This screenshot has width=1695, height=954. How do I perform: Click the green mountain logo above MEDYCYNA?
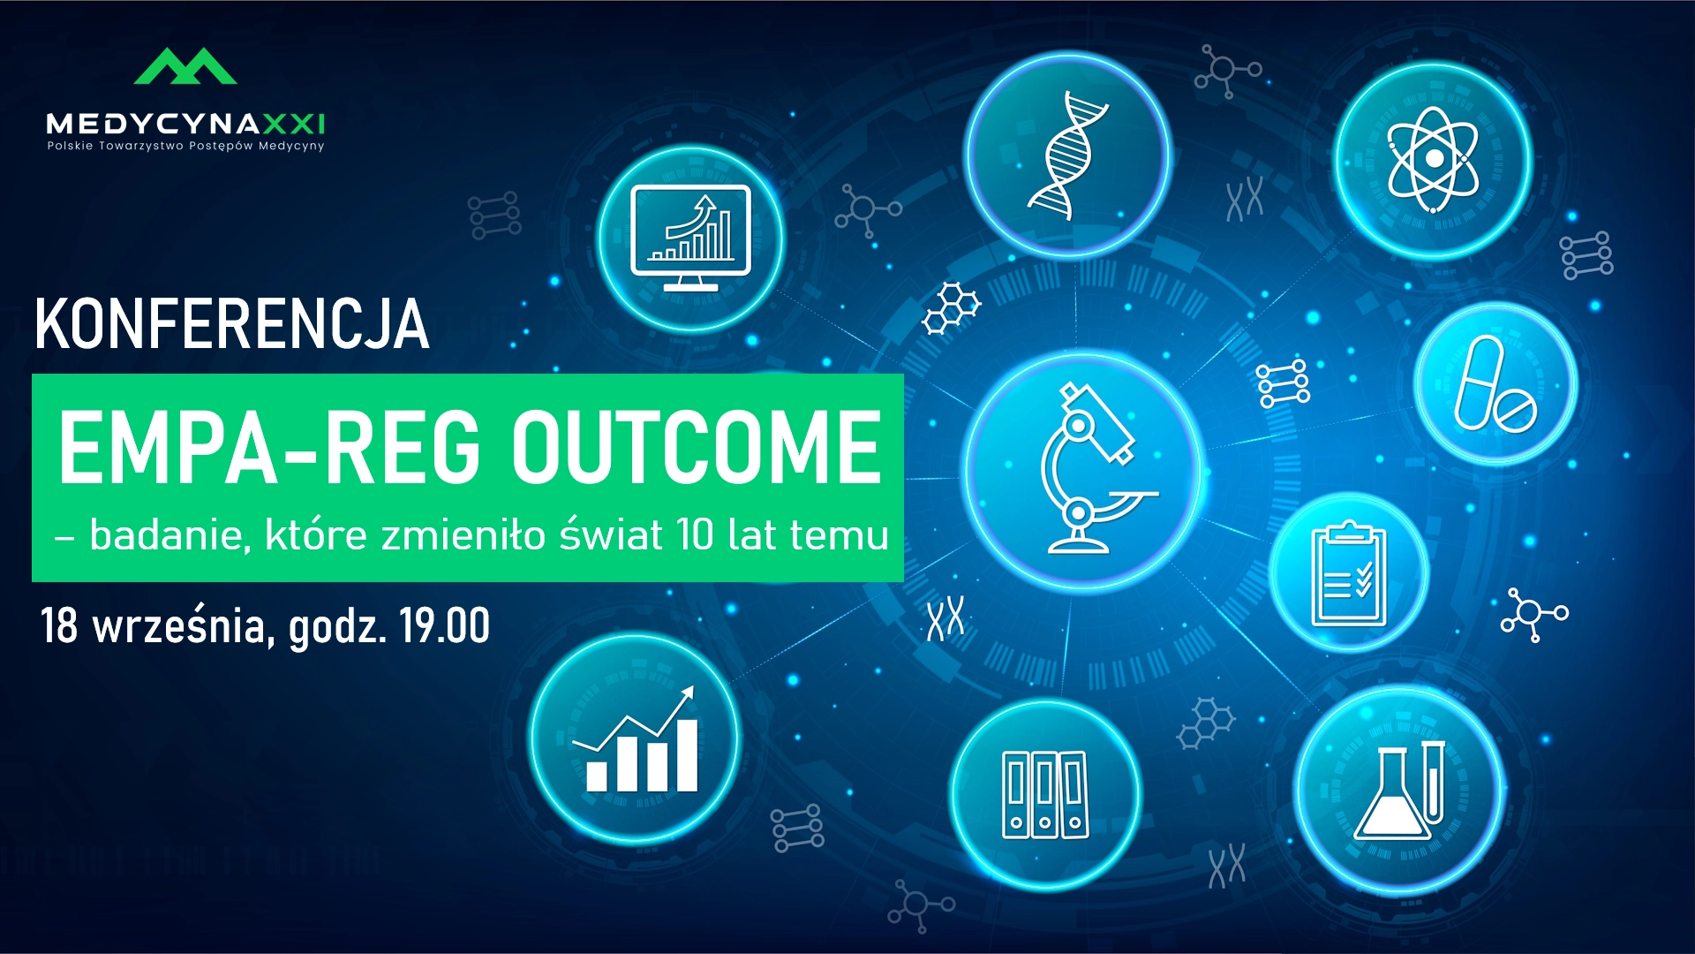point(185,66)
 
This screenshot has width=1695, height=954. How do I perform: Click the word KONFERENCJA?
point(232,324)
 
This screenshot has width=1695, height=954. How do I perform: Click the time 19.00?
point(444,625)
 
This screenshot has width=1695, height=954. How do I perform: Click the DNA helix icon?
point(1067,155)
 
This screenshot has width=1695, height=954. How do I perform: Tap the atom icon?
point(1434,160)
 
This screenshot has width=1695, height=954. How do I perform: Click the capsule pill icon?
point(1494,384)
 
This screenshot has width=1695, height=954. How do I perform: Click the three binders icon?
point(1045,795)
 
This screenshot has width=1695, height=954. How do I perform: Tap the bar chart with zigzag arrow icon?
point(636,739)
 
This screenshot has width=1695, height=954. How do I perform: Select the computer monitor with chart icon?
point(690,238)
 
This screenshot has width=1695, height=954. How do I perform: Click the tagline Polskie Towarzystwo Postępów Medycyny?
point(186,146)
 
